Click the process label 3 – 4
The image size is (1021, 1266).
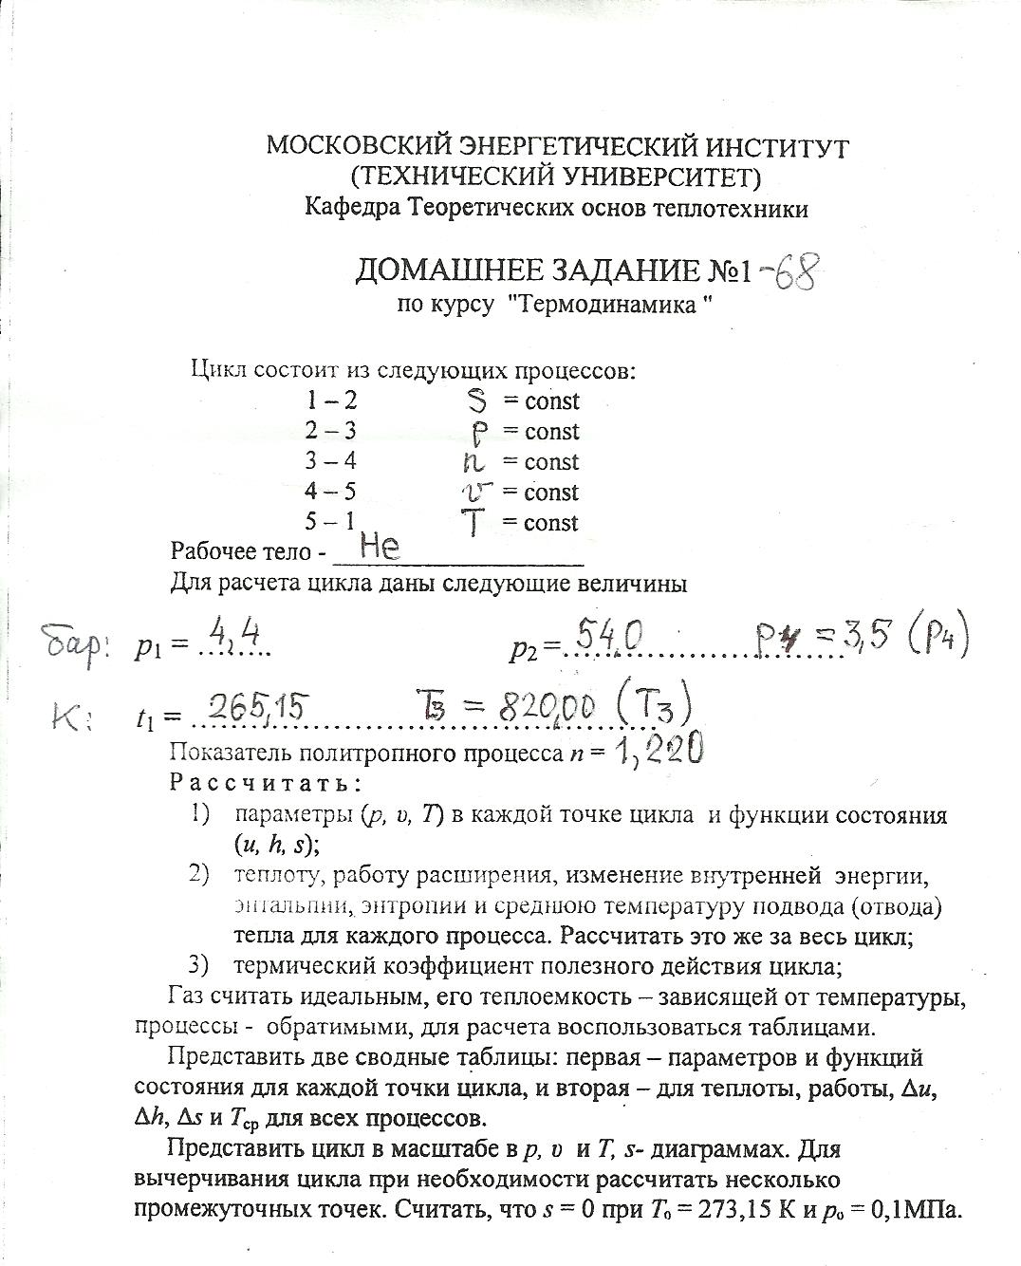tap(330, 462)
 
